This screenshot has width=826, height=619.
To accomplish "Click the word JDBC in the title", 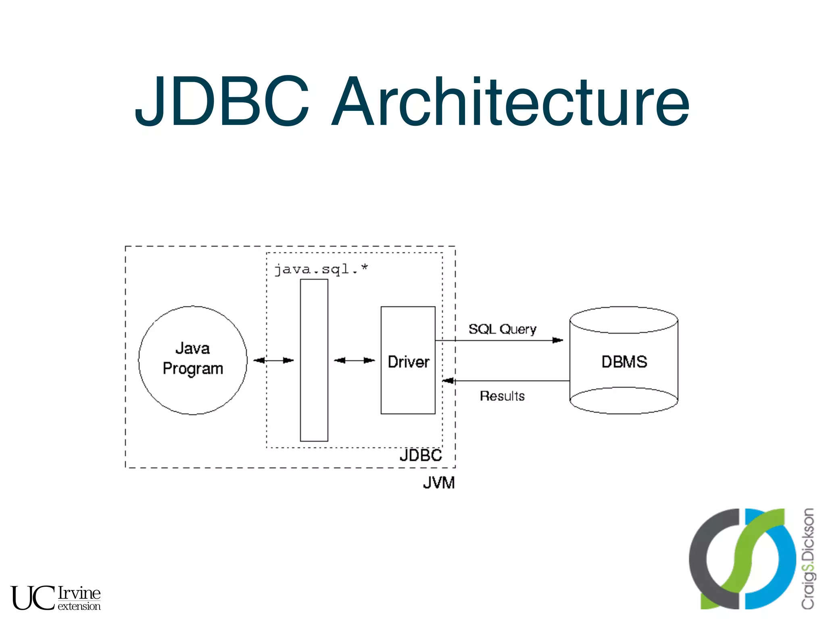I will [222, 102].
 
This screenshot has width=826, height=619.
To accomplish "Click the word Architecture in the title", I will [510, 102].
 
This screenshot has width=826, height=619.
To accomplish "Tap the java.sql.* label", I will [321, 269].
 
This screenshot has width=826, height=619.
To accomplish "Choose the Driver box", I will [408, 387].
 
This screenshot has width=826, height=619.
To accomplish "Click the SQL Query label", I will [502, 329].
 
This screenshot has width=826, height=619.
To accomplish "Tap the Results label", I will [502, 396].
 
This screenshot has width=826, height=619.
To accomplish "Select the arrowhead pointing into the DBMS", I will [558, 341].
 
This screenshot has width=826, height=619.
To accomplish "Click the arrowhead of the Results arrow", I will [448, 380].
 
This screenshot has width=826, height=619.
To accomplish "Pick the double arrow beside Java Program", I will [273, 360].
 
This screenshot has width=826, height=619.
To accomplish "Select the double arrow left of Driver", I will [354, 360].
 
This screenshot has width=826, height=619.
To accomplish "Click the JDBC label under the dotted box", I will [421, 456].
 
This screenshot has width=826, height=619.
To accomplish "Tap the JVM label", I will [439, 483].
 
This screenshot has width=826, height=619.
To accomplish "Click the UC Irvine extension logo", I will [55, 598].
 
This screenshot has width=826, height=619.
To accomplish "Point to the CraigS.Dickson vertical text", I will [807, 559].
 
